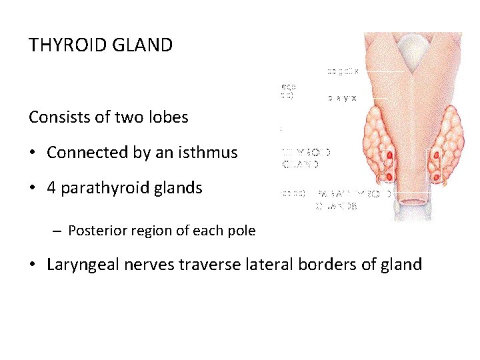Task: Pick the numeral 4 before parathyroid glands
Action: pyautogui.click(x=51, y=188)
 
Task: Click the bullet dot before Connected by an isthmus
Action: pyautogui.click(x=33, y=153)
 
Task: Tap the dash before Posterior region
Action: pyautogui.click(x=59, y=231)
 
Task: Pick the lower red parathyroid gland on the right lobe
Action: pyautogui.click(x=435, y=176)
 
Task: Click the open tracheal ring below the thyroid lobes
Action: pyautogui.click(x=413, y=201)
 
